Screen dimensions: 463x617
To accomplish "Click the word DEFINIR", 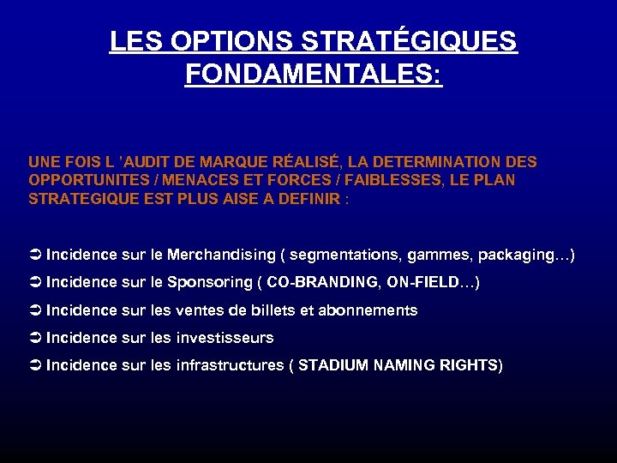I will click(312, 199).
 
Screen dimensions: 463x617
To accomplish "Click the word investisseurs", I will click(225, 338).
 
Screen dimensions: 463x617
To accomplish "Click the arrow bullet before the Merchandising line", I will click(35, 256).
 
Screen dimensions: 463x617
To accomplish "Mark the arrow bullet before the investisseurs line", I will click(35, 338).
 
